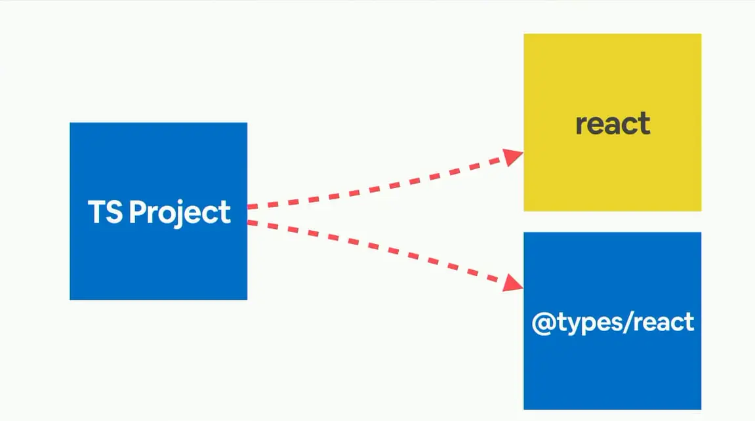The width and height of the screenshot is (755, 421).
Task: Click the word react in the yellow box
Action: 613,124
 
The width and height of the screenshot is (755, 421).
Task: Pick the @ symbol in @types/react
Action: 542,323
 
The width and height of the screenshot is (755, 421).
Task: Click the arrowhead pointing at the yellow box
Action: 514,156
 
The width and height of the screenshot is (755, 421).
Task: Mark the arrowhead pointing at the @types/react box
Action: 514,283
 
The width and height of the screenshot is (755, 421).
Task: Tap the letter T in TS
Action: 96,212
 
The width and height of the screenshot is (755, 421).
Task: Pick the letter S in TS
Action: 113,212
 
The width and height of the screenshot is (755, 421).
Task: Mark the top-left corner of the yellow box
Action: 524,34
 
